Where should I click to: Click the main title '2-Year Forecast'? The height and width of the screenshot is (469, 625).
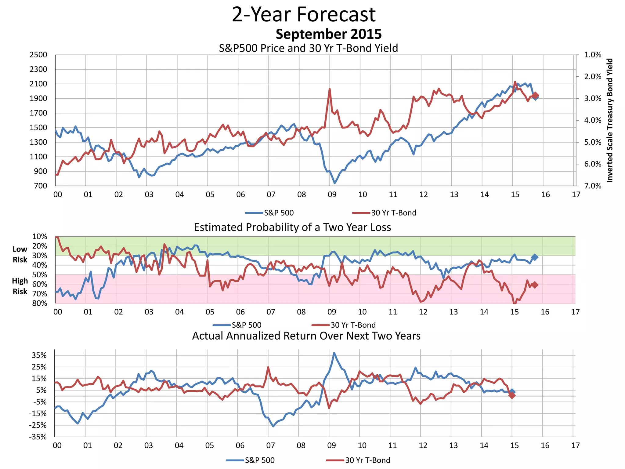[304, 14]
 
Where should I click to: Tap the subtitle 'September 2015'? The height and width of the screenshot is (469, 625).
[328, 34]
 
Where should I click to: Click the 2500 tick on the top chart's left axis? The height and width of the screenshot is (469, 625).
[38, 55]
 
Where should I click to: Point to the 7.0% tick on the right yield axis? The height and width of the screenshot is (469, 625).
[592, 186]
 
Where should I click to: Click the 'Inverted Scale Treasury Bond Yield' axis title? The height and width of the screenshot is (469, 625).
[609, 120]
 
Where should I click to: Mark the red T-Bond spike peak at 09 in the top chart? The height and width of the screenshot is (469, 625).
[330, 89]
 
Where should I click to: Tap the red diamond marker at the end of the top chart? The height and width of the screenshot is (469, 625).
[535, 95]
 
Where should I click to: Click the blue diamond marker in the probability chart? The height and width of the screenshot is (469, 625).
[535, 257]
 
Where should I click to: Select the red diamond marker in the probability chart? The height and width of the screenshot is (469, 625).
[535, 285]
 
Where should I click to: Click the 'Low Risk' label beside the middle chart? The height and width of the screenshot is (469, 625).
[20, 254]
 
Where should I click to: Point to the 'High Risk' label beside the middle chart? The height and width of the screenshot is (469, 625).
[20, 286]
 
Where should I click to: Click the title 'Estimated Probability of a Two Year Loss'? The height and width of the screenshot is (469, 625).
[292, 227]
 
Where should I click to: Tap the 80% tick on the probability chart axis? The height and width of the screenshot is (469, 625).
[40, 303]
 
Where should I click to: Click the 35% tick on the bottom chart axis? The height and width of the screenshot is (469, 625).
[39, 355]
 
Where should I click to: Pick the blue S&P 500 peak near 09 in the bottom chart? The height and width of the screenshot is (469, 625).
[334, 353]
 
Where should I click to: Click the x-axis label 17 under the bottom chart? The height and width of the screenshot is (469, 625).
[575, 445]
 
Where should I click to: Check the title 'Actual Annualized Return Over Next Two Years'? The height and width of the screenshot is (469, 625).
[306, 336]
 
